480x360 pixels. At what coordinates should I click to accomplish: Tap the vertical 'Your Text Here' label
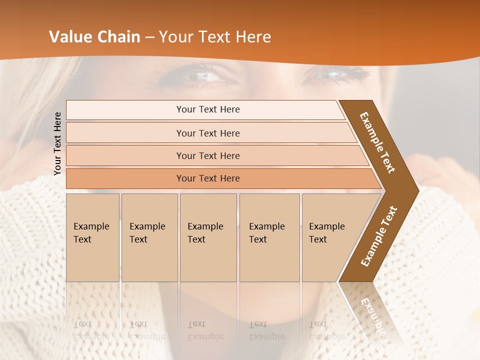(x=57, y=143)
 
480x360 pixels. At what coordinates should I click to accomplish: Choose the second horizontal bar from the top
(x=207, y=133)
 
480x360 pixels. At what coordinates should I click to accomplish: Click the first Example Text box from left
(x=92, y=237)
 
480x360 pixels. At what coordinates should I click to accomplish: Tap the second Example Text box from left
(x=149, y=237)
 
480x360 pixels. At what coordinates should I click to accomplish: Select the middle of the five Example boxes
(x=208, y=237)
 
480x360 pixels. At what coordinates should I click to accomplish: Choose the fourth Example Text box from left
(x=269, y=237)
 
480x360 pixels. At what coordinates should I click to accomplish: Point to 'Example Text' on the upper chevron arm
(x=377, y=142)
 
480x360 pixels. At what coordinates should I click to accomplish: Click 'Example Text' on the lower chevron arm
(x=379, y=236)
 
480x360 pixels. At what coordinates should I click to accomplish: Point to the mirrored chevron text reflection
(x=372, y=312)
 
